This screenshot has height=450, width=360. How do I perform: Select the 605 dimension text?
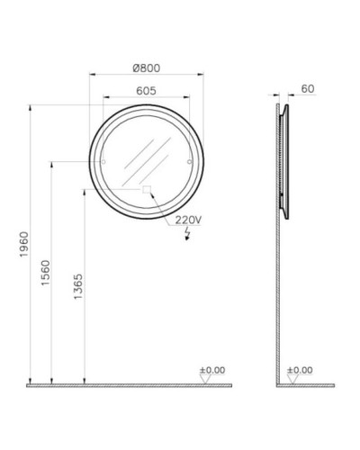point(146,90)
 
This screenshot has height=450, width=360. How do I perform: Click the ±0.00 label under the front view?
point(211,370)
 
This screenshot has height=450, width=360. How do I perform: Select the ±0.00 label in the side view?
point(300,370)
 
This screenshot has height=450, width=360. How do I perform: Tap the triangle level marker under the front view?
point(205,380)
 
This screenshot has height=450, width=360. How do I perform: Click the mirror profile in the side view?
point(285,162)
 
